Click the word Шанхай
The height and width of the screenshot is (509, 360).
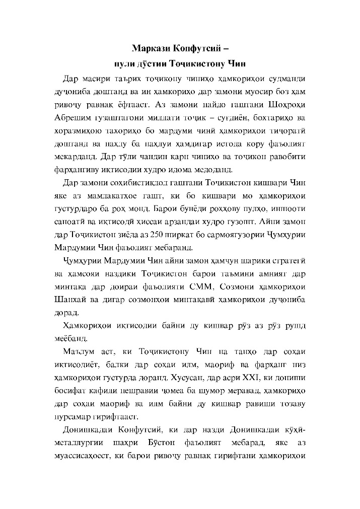(70, 300)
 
